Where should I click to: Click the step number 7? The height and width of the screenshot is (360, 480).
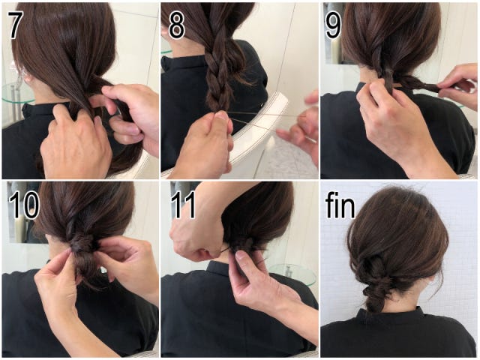pos(14,25)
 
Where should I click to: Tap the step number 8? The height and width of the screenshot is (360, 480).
pos(177,25)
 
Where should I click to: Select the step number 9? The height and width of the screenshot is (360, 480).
pos(333,25)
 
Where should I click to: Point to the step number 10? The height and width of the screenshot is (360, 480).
pos(24,205)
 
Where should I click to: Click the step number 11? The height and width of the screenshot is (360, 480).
pos(183,205)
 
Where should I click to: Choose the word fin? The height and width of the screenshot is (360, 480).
pos(340,205)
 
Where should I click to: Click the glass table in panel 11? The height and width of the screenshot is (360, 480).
pos(293,273)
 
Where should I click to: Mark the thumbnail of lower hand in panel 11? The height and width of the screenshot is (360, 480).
pos(240,255)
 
